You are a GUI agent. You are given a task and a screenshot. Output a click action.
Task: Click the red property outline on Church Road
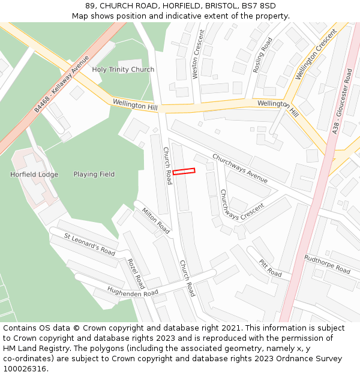[184, 172]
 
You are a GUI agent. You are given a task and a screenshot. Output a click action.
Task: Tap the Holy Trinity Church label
[123, 70]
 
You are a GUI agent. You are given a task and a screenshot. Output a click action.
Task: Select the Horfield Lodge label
[34, 175]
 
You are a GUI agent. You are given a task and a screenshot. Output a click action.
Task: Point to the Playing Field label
[94, 175]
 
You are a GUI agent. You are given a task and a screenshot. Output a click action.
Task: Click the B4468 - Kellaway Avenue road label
[61, 84]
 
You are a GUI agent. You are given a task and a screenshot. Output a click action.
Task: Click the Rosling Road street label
[263, 55]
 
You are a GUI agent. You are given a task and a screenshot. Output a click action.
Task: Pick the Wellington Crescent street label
[316, 53]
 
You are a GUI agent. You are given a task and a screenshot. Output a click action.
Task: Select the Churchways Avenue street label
[240, 168]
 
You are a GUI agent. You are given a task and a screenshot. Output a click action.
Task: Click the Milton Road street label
[156, 220]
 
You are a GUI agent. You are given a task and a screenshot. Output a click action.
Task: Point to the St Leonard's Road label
[90, 244]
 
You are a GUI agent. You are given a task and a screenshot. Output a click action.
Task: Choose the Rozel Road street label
[136, 273]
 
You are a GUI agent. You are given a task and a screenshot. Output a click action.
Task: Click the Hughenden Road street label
[133, 292]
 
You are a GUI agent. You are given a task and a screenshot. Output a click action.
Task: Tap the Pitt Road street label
[271, 268]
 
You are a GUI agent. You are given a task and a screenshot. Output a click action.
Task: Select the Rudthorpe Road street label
[327, 265]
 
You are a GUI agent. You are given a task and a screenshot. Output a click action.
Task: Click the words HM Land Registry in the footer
[34, 348]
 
